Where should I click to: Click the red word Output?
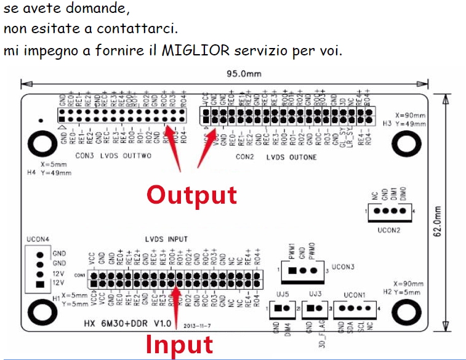click(191, 194)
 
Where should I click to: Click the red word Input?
click(179, 345)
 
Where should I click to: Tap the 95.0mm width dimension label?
click(244, 74)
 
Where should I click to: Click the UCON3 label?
click(343, 268)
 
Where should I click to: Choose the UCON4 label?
click(37, 239)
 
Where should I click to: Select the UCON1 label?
click(355, 295)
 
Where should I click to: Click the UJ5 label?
click(283, 294)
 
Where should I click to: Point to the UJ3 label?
click(315, 294)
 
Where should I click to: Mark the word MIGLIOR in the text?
click(191, 50)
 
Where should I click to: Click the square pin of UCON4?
click(40, 284)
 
